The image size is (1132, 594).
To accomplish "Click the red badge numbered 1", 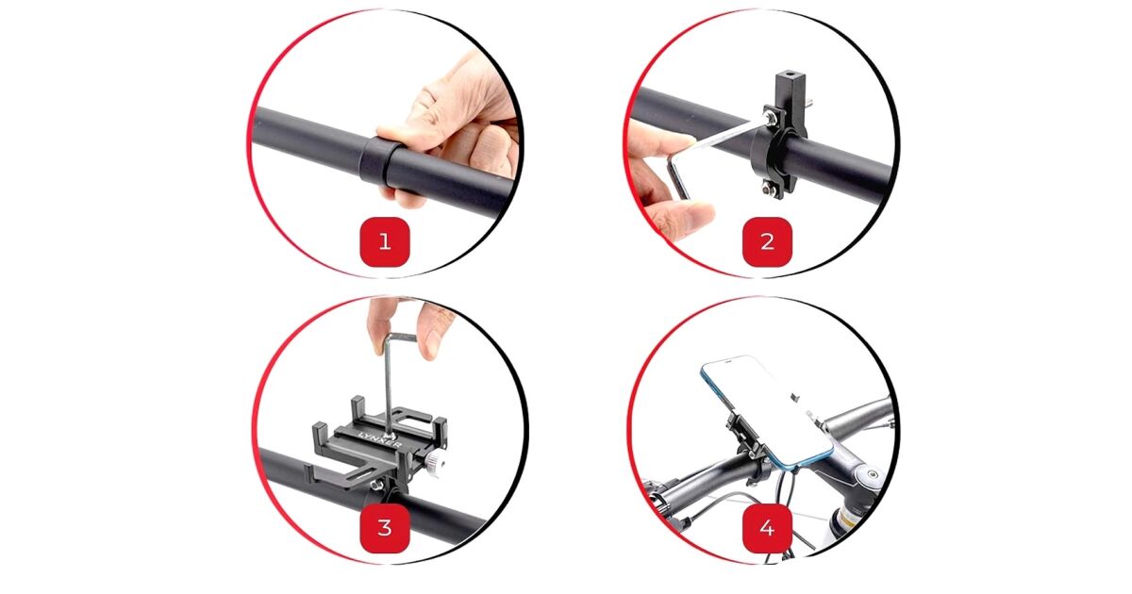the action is pyautogui.click(x=385, y=242).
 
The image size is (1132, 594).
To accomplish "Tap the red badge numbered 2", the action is pyautogui.click(x=767, y=242).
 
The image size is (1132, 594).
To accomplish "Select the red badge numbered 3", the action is pyautogui.click(x=385, y=528).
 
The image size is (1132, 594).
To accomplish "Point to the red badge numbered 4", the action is pyautogui.click(x=767, y=528).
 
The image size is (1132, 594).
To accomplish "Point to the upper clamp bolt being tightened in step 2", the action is pyautogui.click(x=770, y=118).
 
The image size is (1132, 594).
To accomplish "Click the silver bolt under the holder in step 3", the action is pyautogui.click(x=375, y=486).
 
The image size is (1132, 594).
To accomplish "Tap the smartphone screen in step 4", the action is pyautogui.click(x=767, y=408).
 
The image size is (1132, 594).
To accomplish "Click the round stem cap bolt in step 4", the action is pyautogui.click(x=872, y=474).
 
